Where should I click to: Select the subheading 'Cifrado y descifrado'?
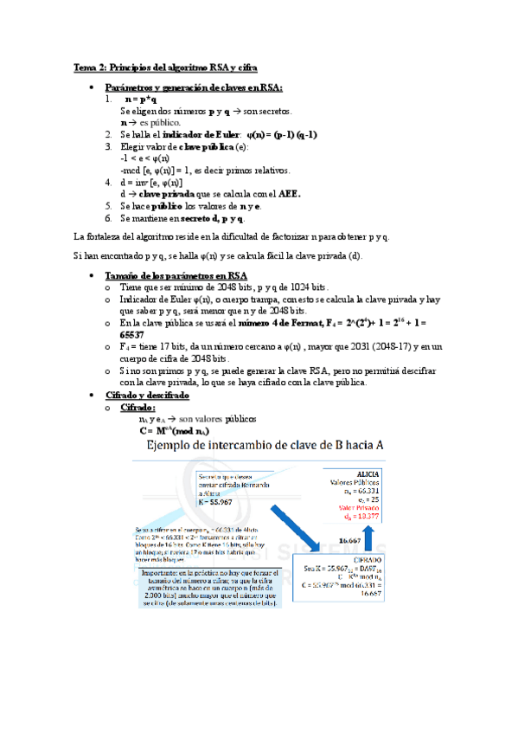click(x=146, y=395)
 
